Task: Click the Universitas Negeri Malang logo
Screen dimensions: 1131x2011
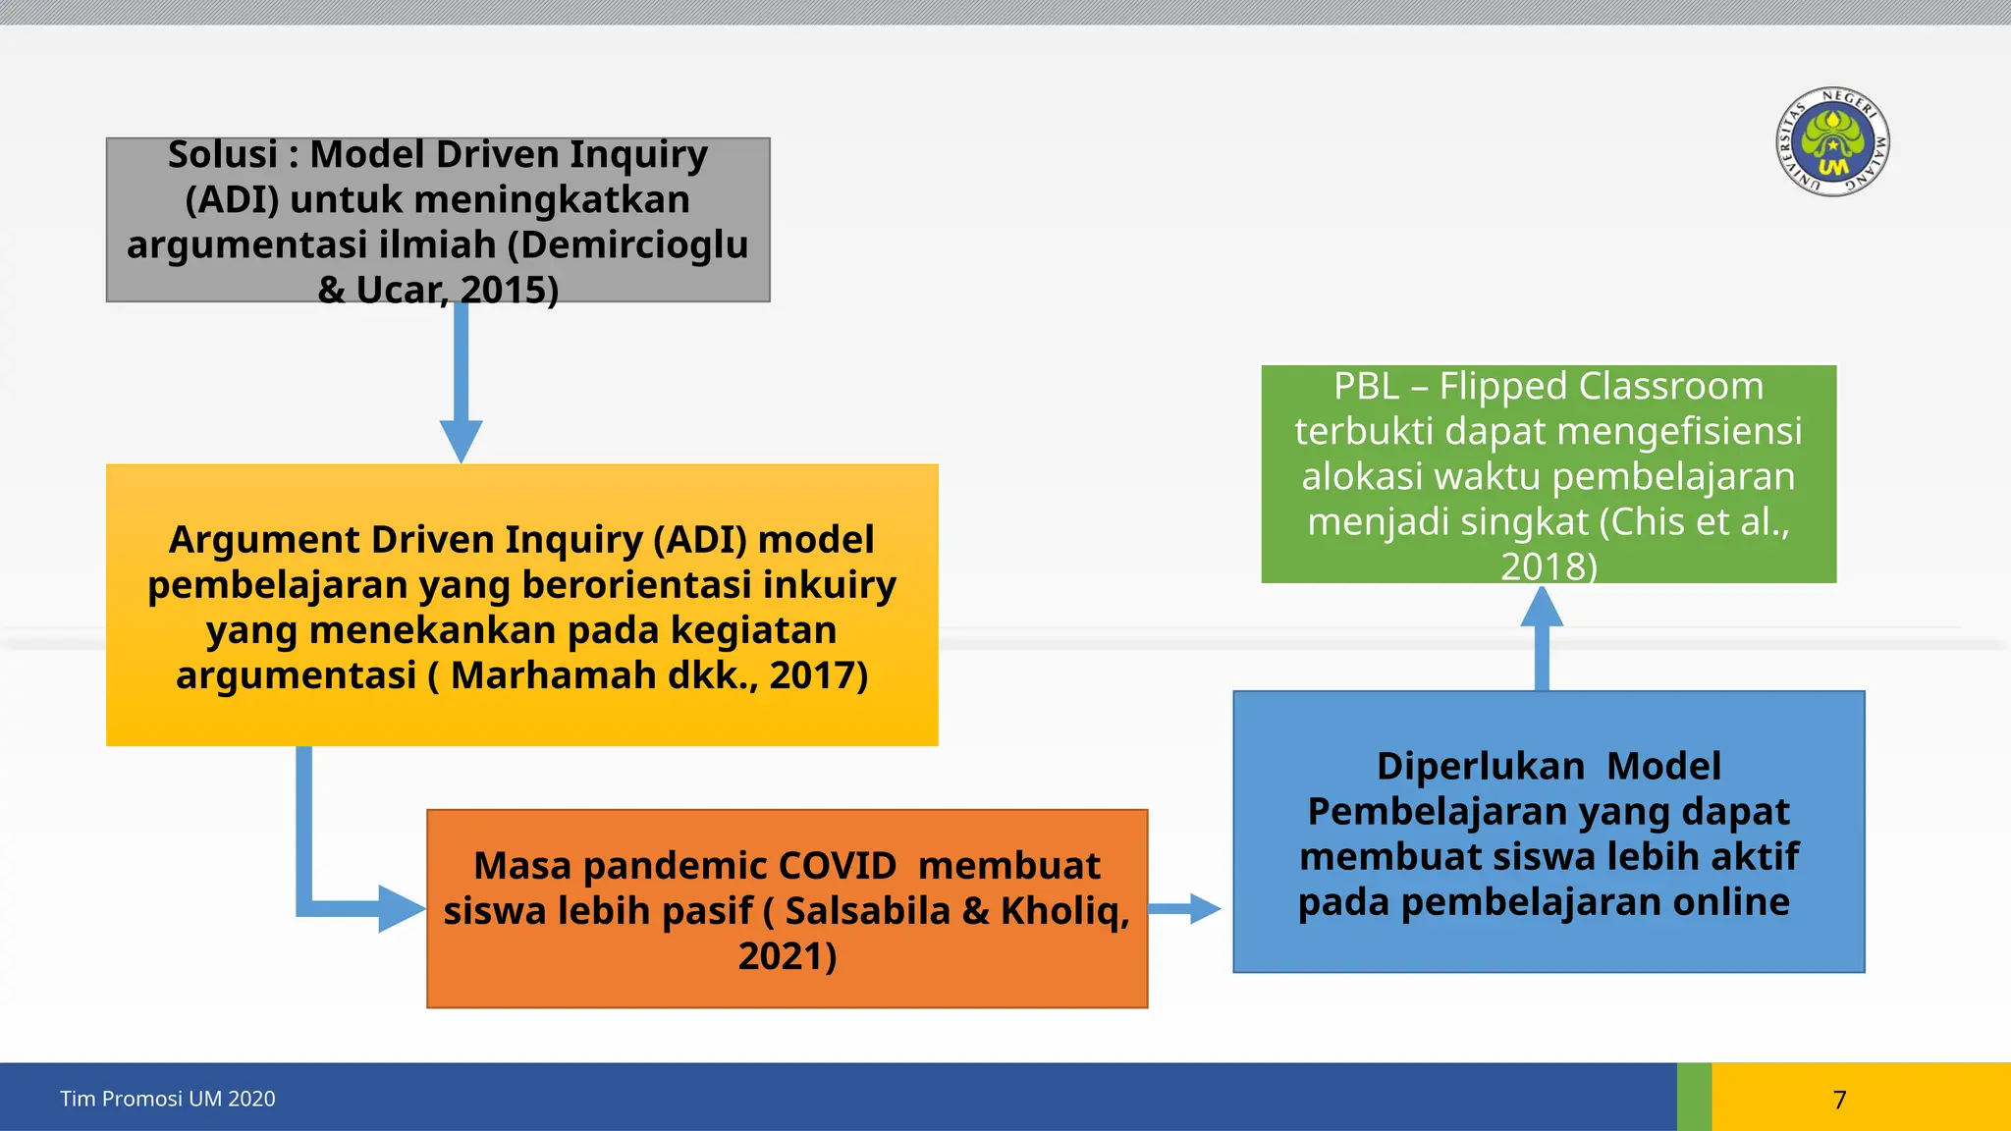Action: [1833, 141]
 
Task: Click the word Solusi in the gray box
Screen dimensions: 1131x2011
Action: [223, 155]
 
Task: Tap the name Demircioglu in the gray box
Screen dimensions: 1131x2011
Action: [634, 244]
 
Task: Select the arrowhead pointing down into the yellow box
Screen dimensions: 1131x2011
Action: [461, 440]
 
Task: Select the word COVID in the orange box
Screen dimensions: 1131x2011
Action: [837, 866]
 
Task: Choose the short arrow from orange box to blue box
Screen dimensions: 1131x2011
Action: [1184, 909]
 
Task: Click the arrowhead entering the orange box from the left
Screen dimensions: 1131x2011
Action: [401, 909]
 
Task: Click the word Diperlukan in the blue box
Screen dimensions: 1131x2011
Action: [1480, 767]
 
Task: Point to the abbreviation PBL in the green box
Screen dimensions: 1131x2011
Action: [1365, 387]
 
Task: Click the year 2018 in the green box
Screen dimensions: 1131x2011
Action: [1542, 566]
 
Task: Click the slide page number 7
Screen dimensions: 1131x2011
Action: [1839, 1100]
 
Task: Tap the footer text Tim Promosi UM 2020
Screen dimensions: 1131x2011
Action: [168, 1099]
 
